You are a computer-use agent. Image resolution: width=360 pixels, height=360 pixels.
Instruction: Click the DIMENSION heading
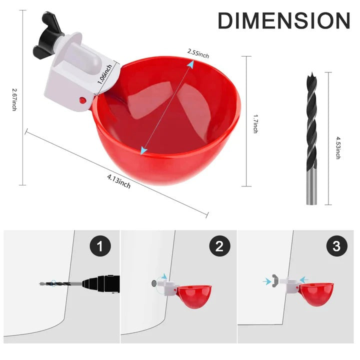tap(283, 21)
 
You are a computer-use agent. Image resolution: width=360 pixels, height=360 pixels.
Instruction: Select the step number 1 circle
tap(100, 246)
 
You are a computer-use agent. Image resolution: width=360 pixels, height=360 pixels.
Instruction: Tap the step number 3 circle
tap(335, 246)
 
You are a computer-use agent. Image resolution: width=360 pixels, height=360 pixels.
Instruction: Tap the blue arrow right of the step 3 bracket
tap(304, 280)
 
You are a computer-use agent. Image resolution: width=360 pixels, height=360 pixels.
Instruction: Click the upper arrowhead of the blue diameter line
tap(189, 64)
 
